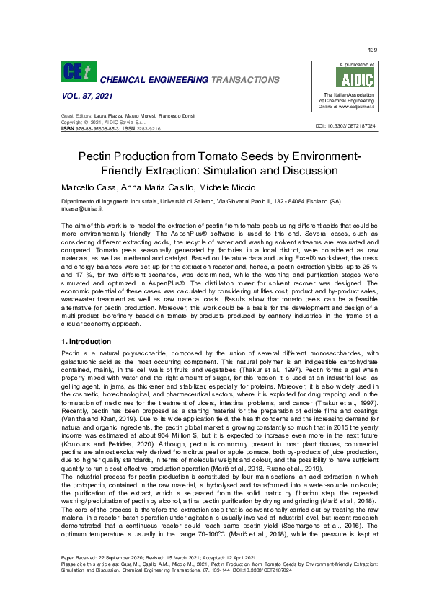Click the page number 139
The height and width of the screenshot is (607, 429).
(x=372, y=50)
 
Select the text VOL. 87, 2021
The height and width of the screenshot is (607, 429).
(x=80, y=97)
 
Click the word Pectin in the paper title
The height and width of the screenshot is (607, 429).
(x=116, y=157)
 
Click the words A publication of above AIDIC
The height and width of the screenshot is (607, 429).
(x=343, y=65)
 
